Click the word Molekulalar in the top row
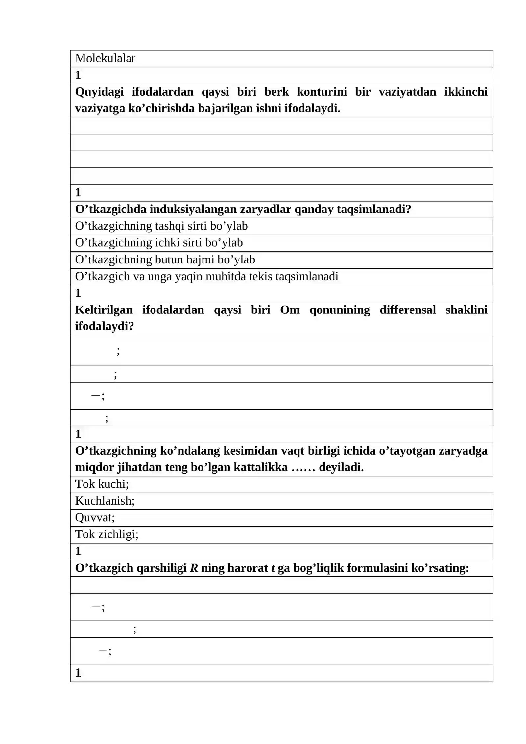pyautogui.click(x=105, y=58)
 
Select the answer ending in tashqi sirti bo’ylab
pyautogui.click(x=161, y=226)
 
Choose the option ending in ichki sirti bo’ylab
pyautogui.click(x=159, y=243)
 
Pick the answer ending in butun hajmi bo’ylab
pyautogui.click(x=165, y=260)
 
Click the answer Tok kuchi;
pyautogui.click(x=102, y=484)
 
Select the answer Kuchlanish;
pyautogui.click(x=105, y=501)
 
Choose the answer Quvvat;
pyautogui.click(x=95, y=517)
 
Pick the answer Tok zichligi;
pyautogui.click(x=107, y=534)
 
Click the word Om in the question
pyautogui.click(x=290, y=310)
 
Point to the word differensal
pyautogui.click(x=408, y=310)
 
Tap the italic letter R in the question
pyautogui.click(x=194, y=568)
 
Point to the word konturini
pyautogui.click(x=322, y=92)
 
